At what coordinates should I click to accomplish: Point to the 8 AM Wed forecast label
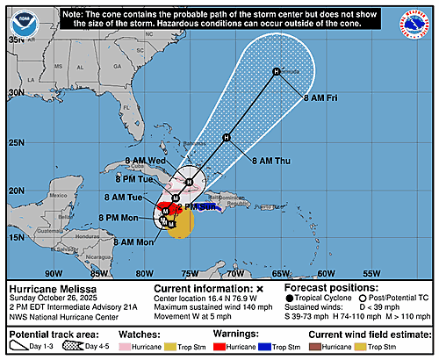pos(146,161)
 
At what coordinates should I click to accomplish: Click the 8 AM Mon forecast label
pos(133,241)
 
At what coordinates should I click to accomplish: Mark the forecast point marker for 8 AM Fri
pos(276,72)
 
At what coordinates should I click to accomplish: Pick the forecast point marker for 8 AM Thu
pos(227,137)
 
